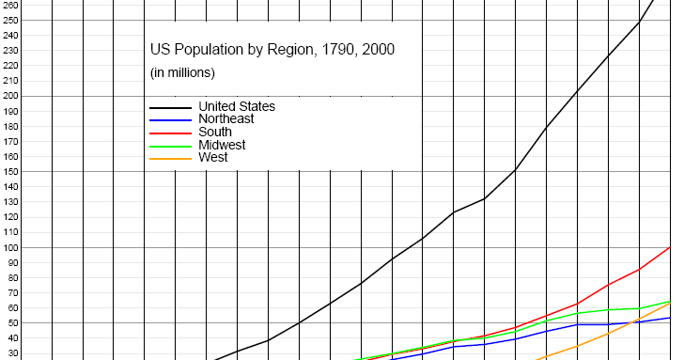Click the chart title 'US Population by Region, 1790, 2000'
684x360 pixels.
coord(272,50)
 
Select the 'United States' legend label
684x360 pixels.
coord(237,106)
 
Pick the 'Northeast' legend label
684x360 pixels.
coord(226,119)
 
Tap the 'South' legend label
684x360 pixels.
coord(215,133)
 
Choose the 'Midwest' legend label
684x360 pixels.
coord(222,145)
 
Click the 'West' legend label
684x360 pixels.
coord(213,158)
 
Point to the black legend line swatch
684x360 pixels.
coord(169,107)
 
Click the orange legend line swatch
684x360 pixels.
coord(169,158)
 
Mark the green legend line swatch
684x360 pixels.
coord(169,146)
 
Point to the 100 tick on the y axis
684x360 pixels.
coord(9,248)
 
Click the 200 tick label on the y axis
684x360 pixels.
coord(9,96)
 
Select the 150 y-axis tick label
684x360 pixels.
coord(9,172)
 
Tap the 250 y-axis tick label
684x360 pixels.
coord(9,20)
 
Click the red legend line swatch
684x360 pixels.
coord(169,133)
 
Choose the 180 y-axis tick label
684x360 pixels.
coord(9,127)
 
